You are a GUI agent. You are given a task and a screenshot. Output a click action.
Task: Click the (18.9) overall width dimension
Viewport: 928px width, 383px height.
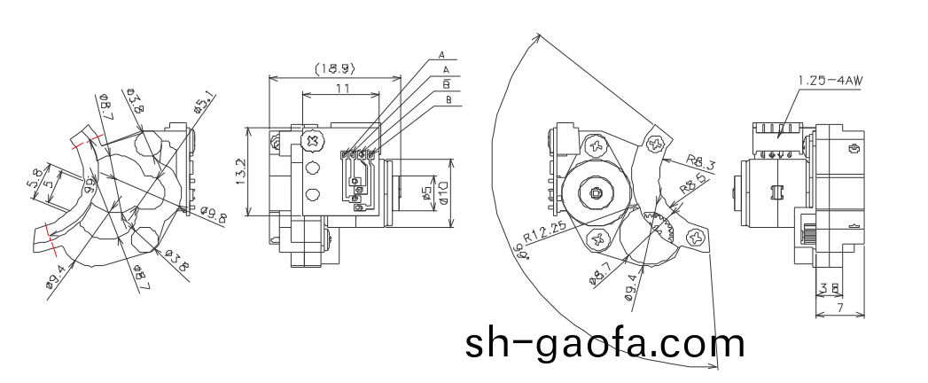click(335, 67)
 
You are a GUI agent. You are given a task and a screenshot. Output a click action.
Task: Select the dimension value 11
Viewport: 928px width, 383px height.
click(341, 88)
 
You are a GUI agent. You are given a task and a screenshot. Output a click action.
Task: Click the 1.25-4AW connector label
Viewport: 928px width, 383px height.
click(830, 81)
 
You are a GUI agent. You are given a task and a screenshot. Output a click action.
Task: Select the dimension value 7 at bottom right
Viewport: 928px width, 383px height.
click(839, 307)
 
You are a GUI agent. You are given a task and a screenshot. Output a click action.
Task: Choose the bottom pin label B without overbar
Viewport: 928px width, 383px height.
click(448, 100)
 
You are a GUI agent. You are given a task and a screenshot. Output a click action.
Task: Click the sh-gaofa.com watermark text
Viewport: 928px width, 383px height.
click(605, 343)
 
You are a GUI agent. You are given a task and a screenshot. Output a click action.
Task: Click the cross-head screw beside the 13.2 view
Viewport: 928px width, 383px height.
click(311, 140)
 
